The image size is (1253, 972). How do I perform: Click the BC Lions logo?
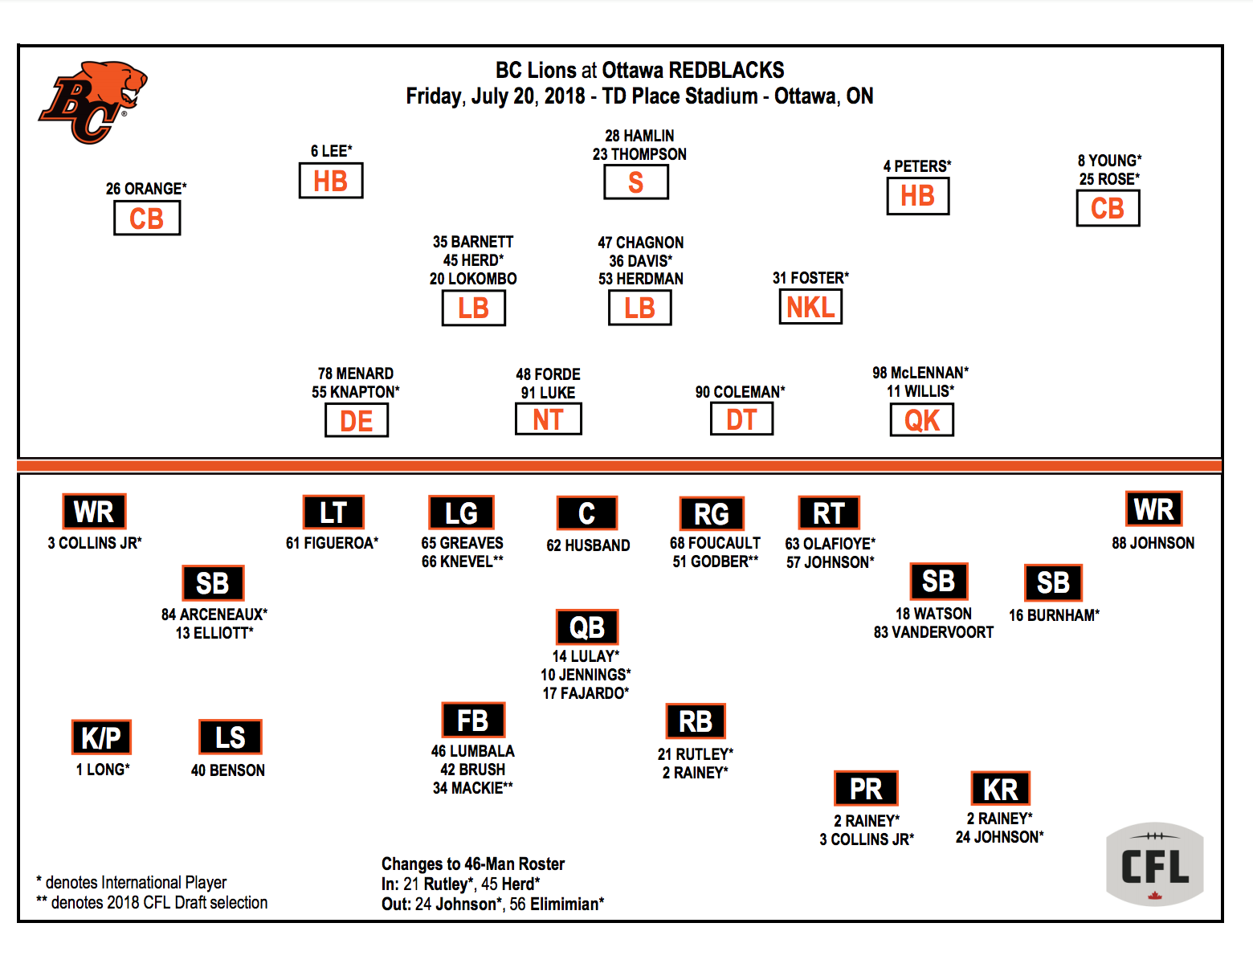[92, 102]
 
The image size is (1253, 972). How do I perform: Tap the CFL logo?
[1154, 864]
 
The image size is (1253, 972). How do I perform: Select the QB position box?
[587, 627]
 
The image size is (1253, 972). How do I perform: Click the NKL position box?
[810, 307]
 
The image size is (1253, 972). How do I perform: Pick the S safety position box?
[636, 182]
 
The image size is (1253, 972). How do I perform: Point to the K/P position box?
[101, 737]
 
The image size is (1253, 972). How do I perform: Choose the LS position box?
[230, 737]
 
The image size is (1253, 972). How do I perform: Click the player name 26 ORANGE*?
[146, 189]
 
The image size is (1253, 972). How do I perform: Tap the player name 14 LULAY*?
[586, 656]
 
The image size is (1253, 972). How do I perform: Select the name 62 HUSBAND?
[588, 545]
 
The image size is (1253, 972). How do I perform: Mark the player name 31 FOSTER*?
[810, 278]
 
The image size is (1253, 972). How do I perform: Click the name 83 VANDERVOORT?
[933, 632]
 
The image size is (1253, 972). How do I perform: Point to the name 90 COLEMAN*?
[741, 392]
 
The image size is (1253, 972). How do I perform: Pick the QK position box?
[922, 419]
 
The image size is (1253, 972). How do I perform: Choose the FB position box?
[473, 720]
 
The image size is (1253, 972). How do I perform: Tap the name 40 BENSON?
[228, 770]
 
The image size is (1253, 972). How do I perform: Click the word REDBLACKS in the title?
[726, 71]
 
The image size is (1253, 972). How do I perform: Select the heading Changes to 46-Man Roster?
[473, 864]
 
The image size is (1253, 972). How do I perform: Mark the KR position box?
[1000, 789]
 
